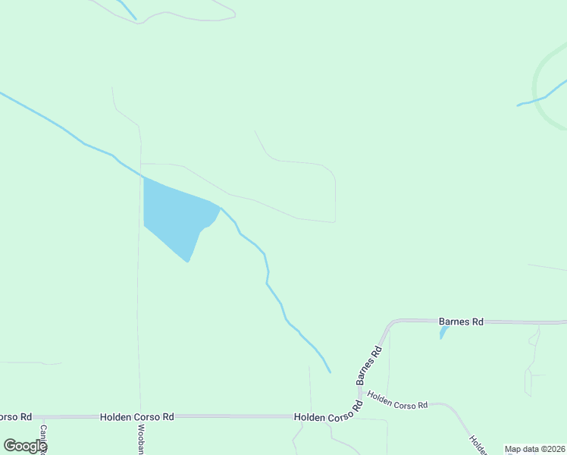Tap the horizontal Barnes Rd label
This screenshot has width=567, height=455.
(x=461, y=322)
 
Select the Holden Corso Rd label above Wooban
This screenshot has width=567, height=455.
(x=137, y=417)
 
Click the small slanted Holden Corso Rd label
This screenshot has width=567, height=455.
(x=397, y=400)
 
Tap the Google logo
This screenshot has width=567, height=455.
(x=24, y=446)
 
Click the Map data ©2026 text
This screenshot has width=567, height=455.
(x=534, y=449)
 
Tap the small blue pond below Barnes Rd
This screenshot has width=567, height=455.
(x=443, y=331)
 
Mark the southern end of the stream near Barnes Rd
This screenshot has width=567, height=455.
(x=330, y=372)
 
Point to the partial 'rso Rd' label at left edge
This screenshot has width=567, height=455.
(x=15, y=417)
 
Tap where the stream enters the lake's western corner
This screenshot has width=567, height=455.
(x=144, y=178)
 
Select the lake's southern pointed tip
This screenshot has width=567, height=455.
(x=188, y=262)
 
